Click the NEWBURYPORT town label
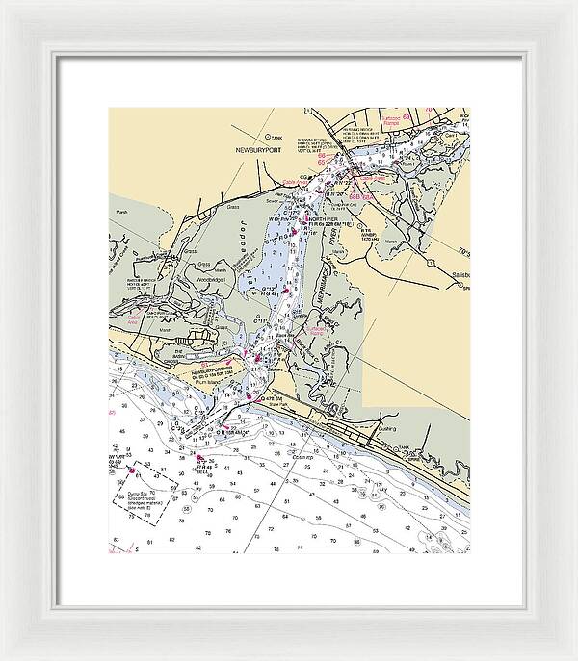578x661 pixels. click(256, 152)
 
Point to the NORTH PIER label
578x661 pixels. click(323, 219)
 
